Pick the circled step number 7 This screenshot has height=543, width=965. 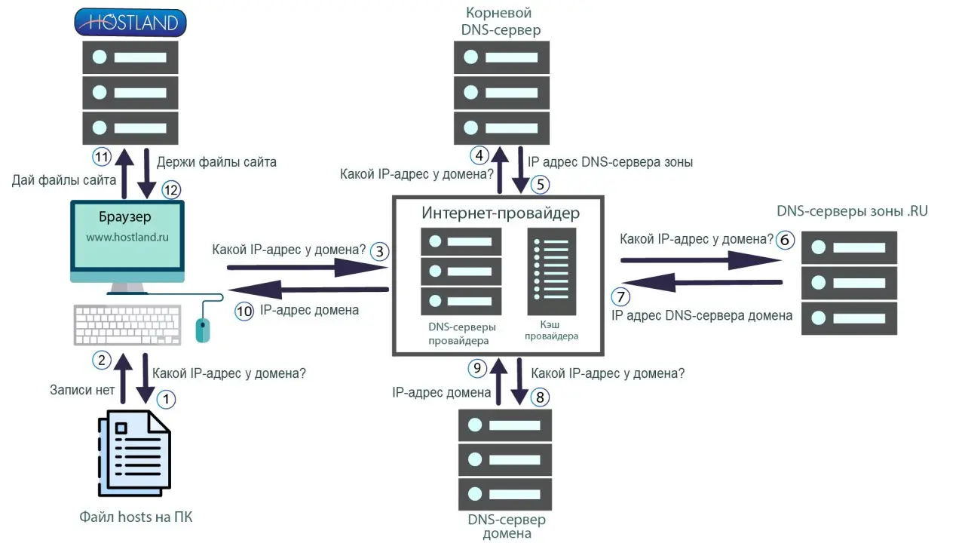(620, 296)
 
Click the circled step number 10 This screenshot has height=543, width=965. (244, 310)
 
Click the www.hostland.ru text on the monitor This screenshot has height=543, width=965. (126, 236)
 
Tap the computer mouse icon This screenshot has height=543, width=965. (201, 329)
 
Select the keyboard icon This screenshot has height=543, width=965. (127, 324)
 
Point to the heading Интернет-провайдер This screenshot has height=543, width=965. (501, 213)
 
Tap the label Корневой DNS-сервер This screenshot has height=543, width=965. (501, 21)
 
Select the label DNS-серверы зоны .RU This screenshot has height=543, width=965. (852, 211)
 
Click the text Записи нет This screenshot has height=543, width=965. (82, 390)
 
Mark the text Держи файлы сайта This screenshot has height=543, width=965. (216, 161)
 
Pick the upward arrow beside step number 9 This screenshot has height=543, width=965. (497, 382)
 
